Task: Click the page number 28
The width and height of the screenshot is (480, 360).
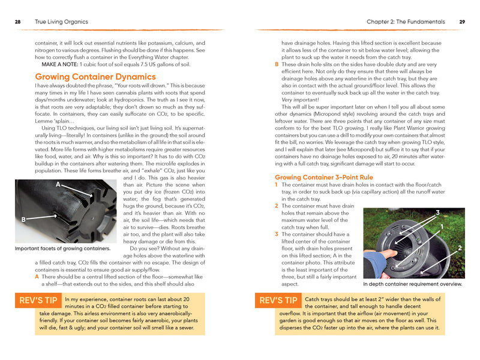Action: [18, 22]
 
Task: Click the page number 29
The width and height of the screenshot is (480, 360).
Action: [462, 22]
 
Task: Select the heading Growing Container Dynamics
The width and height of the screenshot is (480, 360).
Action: [95, 77]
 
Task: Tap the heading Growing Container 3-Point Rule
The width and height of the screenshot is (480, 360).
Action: [324, 178]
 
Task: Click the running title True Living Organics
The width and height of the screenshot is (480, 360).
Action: [62, 22]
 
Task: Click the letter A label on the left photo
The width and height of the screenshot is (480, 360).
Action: [58, 184]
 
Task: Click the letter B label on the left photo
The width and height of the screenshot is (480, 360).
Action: [23, 220]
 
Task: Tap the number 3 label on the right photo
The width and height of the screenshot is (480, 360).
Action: [437, 213]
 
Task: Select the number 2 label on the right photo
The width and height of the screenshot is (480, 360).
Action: [459, 248]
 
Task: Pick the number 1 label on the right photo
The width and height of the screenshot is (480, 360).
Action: [442, 227]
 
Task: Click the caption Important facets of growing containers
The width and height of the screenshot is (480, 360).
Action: [62, 248]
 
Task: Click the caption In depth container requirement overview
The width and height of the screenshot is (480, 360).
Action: [413, 284]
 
